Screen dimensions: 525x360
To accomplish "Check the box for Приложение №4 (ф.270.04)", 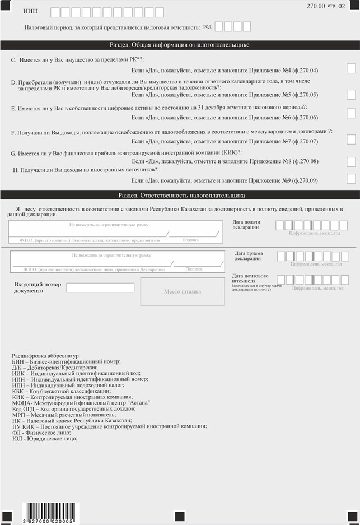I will [351, 69].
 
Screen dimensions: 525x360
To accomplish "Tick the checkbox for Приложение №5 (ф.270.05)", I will [351, 95].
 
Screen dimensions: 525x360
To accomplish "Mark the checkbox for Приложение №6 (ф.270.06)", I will [351, 114].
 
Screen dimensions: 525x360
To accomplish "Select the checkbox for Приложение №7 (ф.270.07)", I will [351, 140].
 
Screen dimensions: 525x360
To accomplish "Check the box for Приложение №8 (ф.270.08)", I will [351, 162].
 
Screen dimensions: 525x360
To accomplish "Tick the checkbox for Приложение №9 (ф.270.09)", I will [351, 179].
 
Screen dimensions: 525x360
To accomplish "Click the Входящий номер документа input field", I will [100, 288].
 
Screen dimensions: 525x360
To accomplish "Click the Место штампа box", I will [183, 292].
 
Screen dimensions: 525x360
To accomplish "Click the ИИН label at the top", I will [31, 12].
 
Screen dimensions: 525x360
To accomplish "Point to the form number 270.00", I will [316, 6].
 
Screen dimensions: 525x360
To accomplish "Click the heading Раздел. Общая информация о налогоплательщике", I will [179, 45].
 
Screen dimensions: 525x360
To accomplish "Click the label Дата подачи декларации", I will [246, 225].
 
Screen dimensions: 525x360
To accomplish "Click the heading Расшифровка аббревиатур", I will [46, 356].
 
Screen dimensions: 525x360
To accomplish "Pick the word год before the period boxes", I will [207, 27].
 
